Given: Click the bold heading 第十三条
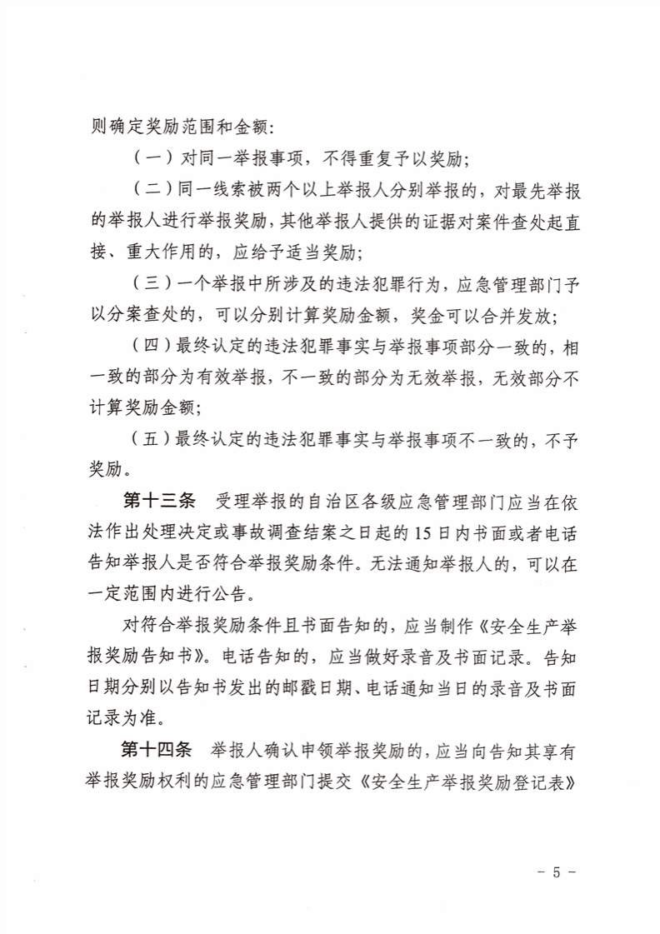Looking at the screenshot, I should coord(158,501).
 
